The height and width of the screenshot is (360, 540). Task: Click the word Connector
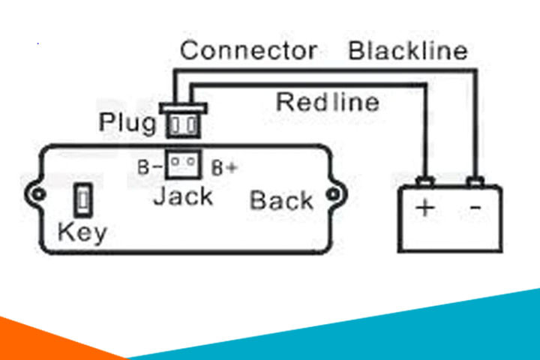pyautogui.click(x=247, y=51)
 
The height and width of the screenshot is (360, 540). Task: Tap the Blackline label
pyautogui.click(x=408, y=51)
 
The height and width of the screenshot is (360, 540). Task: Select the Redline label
pyautogui.click(x=328, y=101)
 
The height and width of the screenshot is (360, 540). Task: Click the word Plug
pyautogui.click(x=128, y=122)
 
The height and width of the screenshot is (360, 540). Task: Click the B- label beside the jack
pyautogui.click(x=148, y=166)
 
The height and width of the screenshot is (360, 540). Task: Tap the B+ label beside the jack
pyautogui.click(x=224, y=167)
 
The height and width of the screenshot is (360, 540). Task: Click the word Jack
pyautogui.click(x=183, y=196)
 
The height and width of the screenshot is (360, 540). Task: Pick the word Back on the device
pyautogui.click(x=281, y=200)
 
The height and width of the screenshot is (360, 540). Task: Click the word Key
pyautogui.click(x=82, y=232)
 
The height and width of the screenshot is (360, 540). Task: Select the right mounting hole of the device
pyautogui.click(x=332, y=196)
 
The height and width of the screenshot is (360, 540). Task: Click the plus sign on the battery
pyautogui.click(x=425, y=208)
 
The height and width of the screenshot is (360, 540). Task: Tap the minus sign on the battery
pyautogui.click(x=475, y=208)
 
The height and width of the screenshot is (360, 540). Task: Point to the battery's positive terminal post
pyautogui.click(x=425, y=181)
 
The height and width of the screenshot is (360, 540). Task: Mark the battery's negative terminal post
pyautogui.click(x=475, y=181)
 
